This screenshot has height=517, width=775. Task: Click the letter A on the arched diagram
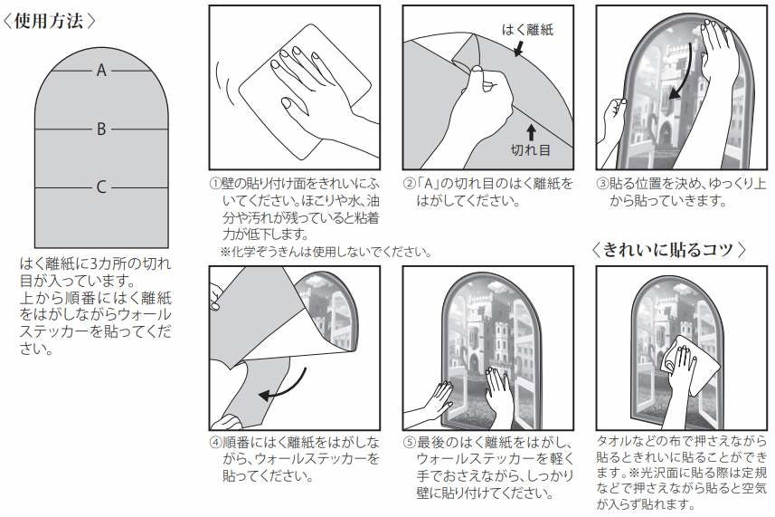101,71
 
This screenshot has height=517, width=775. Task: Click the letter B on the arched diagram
101,129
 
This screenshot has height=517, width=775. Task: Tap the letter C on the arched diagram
101,187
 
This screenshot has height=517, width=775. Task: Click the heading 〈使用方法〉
49,21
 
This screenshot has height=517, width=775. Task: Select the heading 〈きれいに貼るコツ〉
668,249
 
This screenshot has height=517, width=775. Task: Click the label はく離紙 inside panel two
527,30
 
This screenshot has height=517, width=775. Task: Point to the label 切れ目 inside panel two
530,149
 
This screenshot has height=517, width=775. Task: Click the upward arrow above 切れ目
531,132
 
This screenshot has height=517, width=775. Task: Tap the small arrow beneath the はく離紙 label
518,48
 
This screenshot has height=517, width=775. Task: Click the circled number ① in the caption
215,184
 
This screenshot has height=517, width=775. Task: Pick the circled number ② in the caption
410,184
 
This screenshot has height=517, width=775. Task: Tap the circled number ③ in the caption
602,184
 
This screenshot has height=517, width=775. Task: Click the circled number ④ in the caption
215,442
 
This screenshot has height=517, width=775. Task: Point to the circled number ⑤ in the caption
410,442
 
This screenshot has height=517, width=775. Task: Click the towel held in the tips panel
688,365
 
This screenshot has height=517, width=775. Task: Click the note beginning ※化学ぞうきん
326,252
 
